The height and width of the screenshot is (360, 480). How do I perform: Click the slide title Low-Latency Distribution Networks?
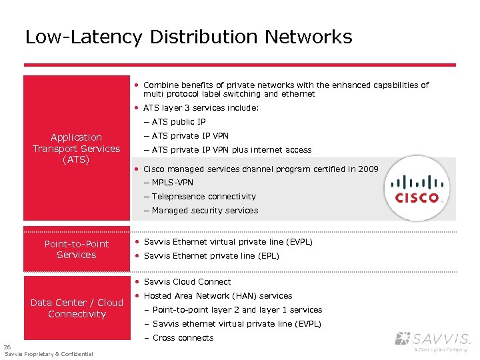coord(189,37)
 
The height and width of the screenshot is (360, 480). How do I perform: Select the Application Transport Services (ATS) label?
coord(77,149)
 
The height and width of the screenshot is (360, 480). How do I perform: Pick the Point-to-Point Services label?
coord(77,249)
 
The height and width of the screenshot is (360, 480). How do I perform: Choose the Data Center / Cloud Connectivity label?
coord(77,308)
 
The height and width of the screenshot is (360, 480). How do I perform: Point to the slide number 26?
coord(7,347)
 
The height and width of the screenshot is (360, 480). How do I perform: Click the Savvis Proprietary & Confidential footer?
coord(49,354)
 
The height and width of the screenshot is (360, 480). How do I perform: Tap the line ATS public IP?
coord(178,122)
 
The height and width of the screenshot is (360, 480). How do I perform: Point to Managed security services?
coord(205,211)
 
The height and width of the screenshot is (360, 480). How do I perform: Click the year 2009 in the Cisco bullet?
coord(367,169)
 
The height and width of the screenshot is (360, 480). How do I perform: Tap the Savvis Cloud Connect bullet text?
coord(187,282)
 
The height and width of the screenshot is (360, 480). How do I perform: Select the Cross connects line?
coord(183,338)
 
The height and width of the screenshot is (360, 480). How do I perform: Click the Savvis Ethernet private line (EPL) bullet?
coord(211,256)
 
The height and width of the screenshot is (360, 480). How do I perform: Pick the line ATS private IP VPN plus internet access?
coord(231,150)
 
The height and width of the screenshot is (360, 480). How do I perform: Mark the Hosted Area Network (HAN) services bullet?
coord(218,296)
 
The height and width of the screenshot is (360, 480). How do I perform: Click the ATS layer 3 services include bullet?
coord(201,108)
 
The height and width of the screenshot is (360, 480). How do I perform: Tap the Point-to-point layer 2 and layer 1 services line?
coord(237,310)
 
